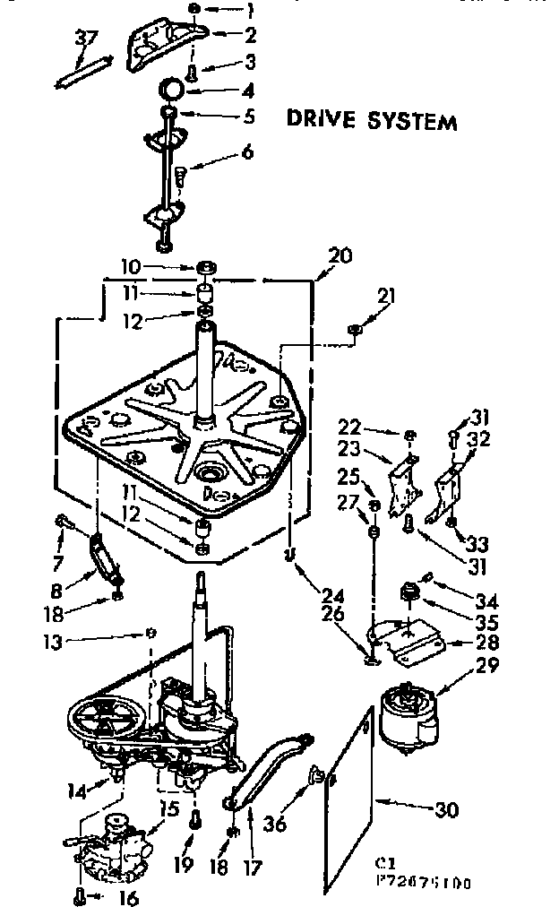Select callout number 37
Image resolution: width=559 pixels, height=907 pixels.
[x=86, y=39]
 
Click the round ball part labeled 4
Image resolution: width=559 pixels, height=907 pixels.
[x=172, y=90]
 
